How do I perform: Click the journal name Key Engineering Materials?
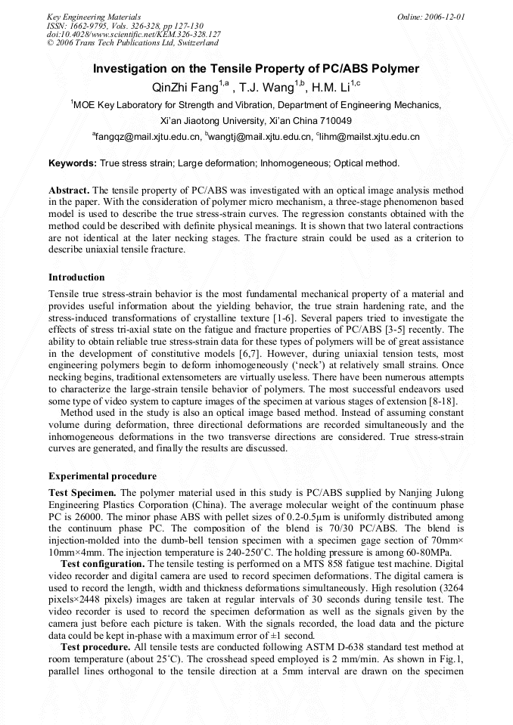point(94,16)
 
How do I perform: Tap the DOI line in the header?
point(133,34)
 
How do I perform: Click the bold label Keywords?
point(73,163)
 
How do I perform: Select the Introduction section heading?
point(76,277)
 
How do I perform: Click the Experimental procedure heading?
point(102,476)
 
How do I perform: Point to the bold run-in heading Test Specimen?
point(82,493)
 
